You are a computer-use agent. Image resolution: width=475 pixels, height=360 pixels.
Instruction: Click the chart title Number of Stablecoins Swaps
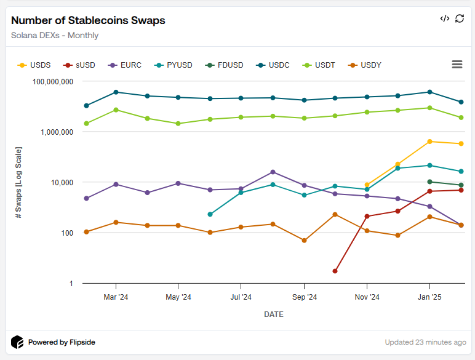88,20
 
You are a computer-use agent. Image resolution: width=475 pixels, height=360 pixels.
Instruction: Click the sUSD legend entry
80,65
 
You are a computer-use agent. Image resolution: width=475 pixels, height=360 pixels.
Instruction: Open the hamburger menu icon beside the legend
457,65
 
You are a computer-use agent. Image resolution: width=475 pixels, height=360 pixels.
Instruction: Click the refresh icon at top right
460,18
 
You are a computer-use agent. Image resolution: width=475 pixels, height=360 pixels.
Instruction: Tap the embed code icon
445,18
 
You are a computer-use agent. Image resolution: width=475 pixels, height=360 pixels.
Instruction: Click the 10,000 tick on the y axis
60,183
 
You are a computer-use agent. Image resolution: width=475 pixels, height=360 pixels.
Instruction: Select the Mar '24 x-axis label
116,297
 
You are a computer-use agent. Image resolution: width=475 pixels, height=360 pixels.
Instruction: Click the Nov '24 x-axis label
367,297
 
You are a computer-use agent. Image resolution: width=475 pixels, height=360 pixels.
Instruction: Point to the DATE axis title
274,314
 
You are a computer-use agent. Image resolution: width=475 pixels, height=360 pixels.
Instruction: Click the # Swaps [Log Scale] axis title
18,183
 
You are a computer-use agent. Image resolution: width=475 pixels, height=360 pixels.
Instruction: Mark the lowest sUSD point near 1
335,271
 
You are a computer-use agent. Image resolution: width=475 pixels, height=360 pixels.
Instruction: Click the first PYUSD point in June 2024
210,214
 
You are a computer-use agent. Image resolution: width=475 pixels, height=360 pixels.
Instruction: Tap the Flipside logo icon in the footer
18,342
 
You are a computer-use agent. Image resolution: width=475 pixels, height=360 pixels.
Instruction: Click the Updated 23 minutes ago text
425,342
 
